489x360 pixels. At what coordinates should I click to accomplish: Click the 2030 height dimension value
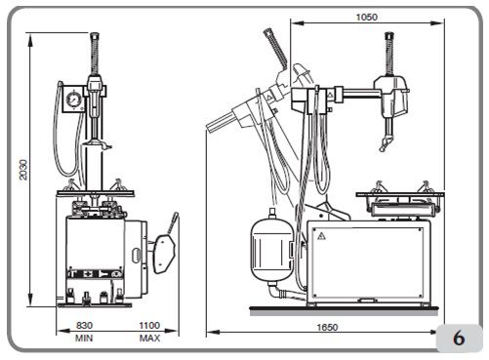23,169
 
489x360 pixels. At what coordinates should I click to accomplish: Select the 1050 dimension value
367,17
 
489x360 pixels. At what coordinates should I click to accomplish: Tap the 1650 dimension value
327,327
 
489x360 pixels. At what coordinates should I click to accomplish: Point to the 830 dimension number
84,325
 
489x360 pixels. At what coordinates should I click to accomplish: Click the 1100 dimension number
149,325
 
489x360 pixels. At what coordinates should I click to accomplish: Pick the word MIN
84,339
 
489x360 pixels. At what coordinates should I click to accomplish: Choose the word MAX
149,339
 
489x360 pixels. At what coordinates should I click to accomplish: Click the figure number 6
459,339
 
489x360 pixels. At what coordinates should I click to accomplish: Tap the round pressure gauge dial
74,100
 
